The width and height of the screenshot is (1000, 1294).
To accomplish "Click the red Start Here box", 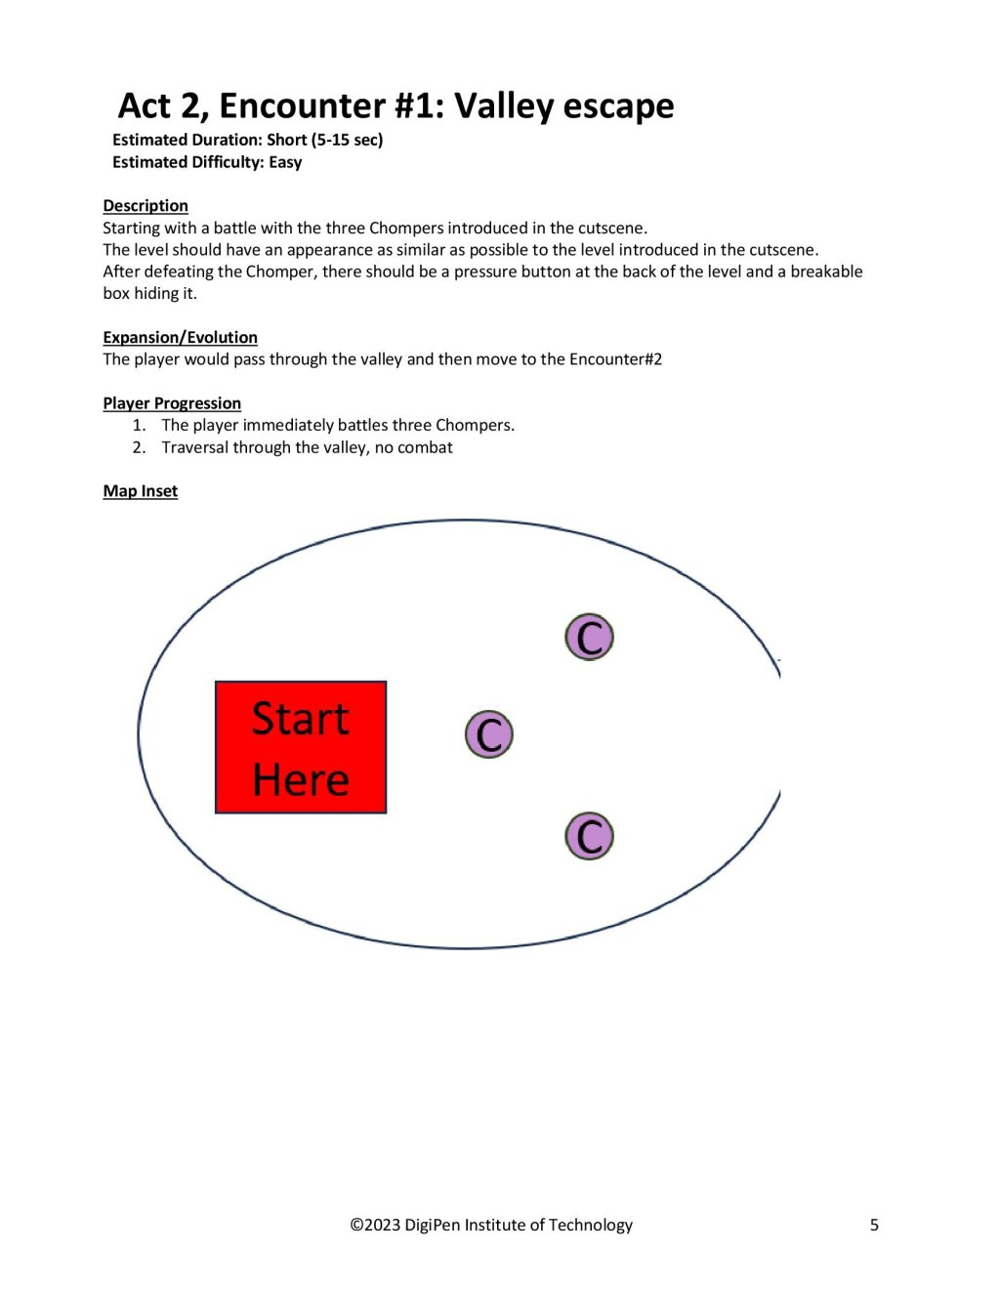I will pyautogui.click(x=301, y=747).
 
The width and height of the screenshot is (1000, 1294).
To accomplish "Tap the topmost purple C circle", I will pyautogui.click(x=589, y=637).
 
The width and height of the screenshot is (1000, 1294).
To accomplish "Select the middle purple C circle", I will pyautogui.click(x=488, y=734).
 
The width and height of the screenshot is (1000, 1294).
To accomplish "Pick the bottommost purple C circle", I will pyautogui.click(x=589, y=836).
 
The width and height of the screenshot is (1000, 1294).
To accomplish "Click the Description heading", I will pyautogui.click(x=146, y=205).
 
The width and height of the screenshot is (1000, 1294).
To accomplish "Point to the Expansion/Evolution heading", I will pyautogui.click(x=181, y=337).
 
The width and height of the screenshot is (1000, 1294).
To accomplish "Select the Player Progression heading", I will pyautogui.click(x=172, y=403).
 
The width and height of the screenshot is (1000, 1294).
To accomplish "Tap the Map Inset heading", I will pyautogui.click(x=141, y=490).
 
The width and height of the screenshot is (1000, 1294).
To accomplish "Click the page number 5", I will pyautogui.click(x=874, y=1225).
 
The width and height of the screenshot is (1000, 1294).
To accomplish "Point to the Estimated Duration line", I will pyautogui.click(x=247, y=140).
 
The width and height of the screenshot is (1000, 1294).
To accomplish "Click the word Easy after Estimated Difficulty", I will pyautogui.click(x=285, y=162).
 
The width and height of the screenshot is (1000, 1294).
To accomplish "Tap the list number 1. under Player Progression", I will pyautogui.click(x=139, y=425).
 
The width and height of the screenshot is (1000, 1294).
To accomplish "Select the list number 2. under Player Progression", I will pyautogui.click(x=139, y=447).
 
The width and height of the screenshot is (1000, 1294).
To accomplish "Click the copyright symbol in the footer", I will pyautogui.click(x=356, y=1225).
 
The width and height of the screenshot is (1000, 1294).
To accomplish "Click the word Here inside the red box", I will pyautogui.click(x=301, y=779).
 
